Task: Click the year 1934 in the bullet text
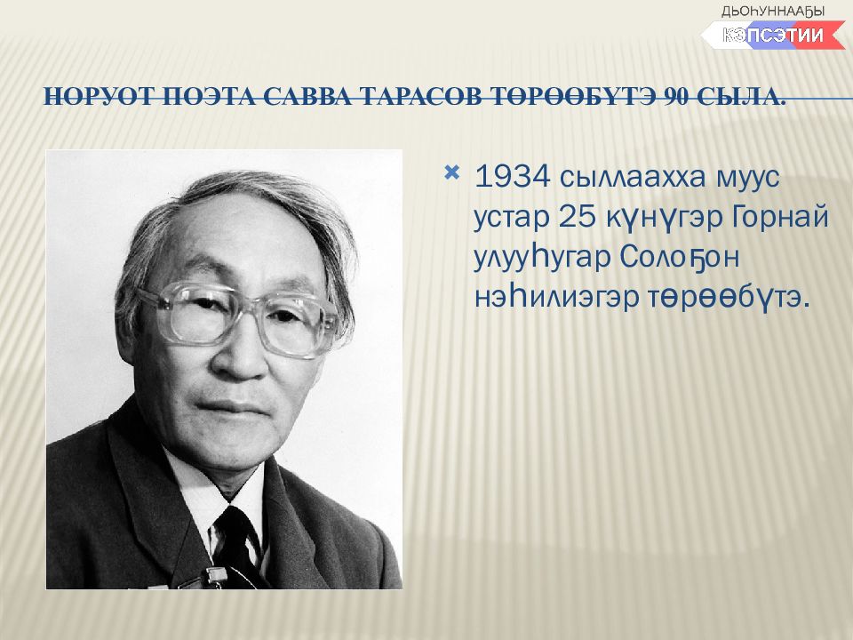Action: click(512, 177)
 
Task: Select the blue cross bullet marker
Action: click(451, 173)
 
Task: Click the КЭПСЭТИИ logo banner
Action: click(772, 36)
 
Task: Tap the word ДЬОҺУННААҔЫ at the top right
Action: click(772, 11)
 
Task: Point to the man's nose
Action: click(242, 354)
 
